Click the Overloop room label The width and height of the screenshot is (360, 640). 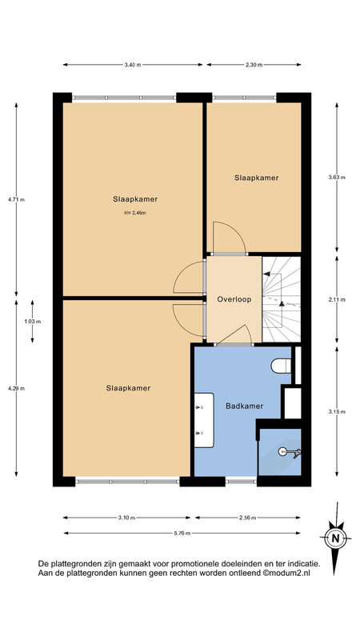pos(234,299)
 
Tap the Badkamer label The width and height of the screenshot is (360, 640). pos(244,406)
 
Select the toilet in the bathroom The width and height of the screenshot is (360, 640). pos(282,366)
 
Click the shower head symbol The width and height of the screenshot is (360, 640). pos(290,451)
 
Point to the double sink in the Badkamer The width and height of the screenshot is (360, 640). pos(204,420)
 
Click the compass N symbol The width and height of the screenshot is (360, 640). pos(335,538)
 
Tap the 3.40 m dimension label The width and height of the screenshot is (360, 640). pos(133,65)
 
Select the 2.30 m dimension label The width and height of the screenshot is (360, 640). pos(254,65)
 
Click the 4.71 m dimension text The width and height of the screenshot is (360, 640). pos(16,199)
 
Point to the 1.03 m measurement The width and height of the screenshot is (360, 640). pos(32,322)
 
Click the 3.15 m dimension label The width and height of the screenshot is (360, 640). pos(337,411)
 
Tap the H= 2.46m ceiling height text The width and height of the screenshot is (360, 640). pos(135,213)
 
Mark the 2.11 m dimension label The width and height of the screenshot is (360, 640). pos(337,299)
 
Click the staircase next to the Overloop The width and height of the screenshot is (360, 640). pos(282,299)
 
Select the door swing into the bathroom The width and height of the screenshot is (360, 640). pos(234,334)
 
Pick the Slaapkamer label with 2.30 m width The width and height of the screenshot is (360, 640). pos(256,178)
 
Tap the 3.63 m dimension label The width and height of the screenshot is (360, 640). pos(337,177)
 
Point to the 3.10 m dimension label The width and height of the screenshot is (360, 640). pos(126,518)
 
